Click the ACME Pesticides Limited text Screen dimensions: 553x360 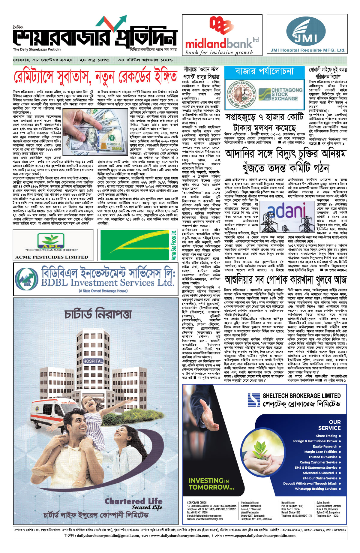52,257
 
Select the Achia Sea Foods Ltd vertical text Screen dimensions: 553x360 173,245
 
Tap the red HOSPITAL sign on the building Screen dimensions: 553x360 93,361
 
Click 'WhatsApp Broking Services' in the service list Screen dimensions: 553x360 316,489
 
